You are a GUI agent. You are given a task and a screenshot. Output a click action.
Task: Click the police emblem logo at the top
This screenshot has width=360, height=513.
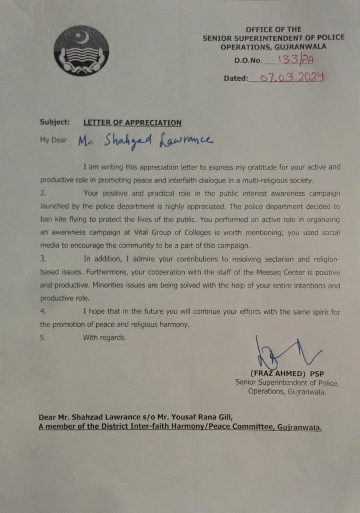tap(81, 51)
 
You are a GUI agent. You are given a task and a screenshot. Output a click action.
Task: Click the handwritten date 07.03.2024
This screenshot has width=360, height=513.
tap(287, 77)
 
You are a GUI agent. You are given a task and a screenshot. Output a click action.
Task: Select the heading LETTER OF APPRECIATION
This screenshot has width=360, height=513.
tap(132, 123)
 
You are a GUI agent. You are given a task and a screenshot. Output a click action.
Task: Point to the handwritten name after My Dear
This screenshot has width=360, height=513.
tap(145, 141)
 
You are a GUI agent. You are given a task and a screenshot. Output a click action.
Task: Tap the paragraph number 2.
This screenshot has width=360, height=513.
tap(43, 192)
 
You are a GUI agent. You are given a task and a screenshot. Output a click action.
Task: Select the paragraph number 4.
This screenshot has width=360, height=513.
tap(43, 312)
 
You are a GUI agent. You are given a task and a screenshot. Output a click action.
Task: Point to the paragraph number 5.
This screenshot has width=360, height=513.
tap(43, 338)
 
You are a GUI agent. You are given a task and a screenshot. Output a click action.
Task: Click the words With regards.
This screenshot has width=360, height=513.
tap(105, 338)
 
